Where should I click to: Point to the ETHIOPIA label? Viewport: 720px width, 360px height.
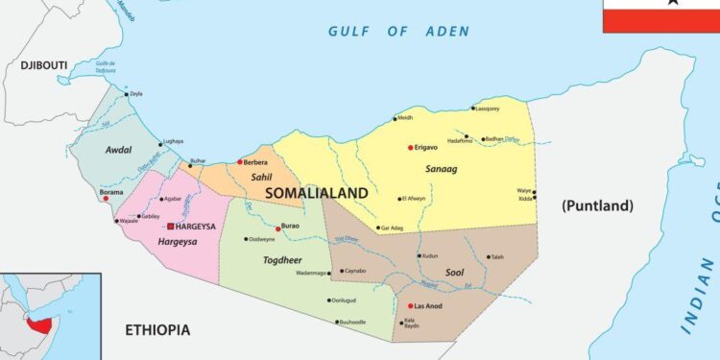click(157, 330)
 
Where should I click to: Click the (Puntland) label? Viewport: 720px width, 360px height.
click(597, 204)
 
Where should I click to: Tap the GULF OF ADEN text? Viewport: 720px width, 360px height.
click(398, 31)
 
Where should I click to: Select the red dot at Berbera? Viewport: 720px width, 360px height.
click(240, 162)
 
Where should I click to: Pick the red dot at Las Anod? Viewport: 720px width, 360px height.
click(410, 306)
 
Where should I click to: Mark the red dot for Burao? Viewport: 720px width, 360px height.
click(278, 228)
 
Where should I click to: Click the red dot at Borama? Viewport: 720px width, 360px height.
click(106, 199)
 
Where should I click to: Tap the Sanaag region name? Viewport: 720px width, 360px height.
click(441, 169)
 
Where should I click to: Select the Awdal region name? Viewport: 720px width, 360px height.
click(118, 150)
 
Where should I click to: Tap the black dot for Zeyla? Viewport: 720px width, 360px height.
click(126, 94)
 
